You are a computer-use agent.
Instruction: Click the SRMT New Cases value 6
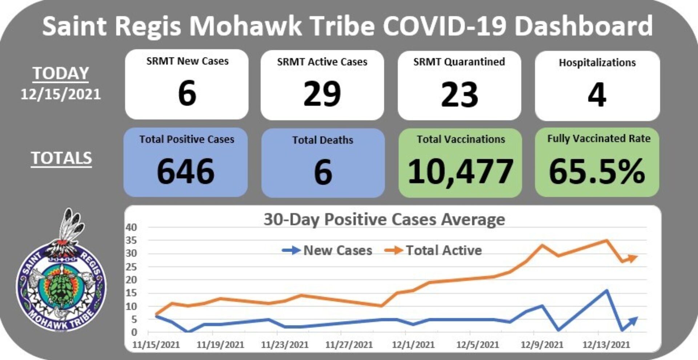[x=187, y=93]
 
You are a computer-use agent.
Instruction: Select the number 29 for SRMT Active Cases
[x=322, y=94]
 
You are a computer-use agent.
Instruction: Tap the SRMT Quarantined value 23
[x=460, y=95]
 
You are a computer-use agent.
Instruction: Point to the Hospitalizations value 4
[x=597, y=95]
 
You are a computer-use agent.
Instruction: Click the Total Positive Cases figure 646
[x=185, y=171]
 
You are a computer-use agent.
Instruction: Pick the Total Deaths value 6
[x=323, y=172]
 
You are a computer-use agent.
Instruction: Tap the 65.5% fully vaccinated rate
[x=597, y=171]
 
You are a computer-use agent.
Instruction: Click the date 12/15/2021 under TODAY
[x=61, y=95]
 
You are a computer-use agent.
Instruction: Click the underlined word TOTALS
[x=61, y=158]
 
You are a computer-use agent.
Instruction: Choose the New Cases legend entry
[x=327, y=250]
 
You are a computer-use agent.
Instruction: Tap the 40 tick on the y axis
[x=131, y=227]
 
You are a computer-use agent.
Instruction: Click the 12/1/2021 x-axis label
[x=413, y=344]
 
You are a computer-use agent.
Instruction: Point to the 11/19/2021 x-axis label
[x=220, y=344]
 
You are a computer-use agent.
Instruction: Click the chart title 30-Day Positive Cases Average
[x=384, y=219]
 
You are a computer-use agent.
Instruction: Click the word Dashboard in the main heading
[x=584, y=26]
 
